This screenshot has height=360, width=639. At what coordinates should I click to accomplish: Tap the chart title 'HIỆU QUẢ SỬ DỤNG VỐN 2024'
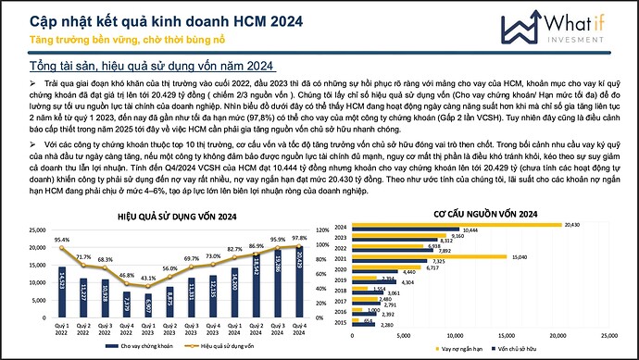pos(172,215)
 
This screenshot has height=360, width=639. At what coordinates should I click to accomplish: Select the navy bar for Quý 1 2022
pos(60,292)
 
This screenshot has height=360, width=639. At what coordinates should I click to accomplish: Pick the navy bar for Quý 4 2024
pos(299,282)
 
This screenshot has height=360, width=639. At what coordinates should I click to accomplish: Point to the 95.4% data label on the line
pos(62,241)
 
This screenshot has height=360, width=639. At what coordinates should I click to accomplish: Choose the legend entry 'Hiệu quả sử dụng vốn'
pos(226,346)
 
